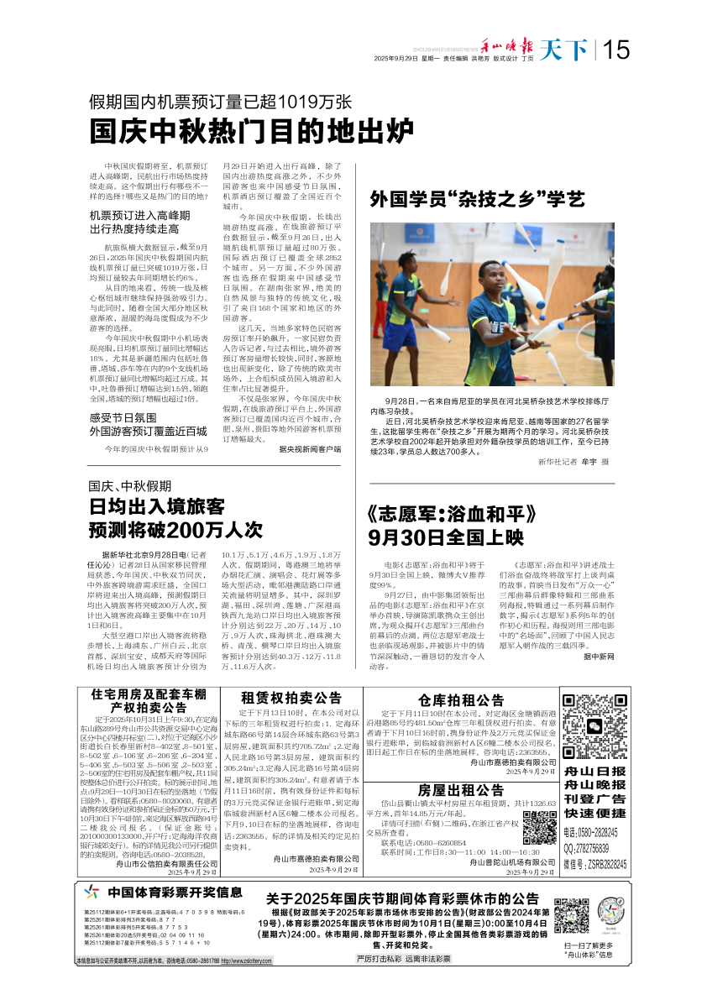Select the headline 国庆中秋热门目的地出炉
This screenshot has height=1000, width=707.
[253, 132]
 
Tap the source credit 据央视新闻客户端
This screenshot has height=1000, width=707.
[310, 449]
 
